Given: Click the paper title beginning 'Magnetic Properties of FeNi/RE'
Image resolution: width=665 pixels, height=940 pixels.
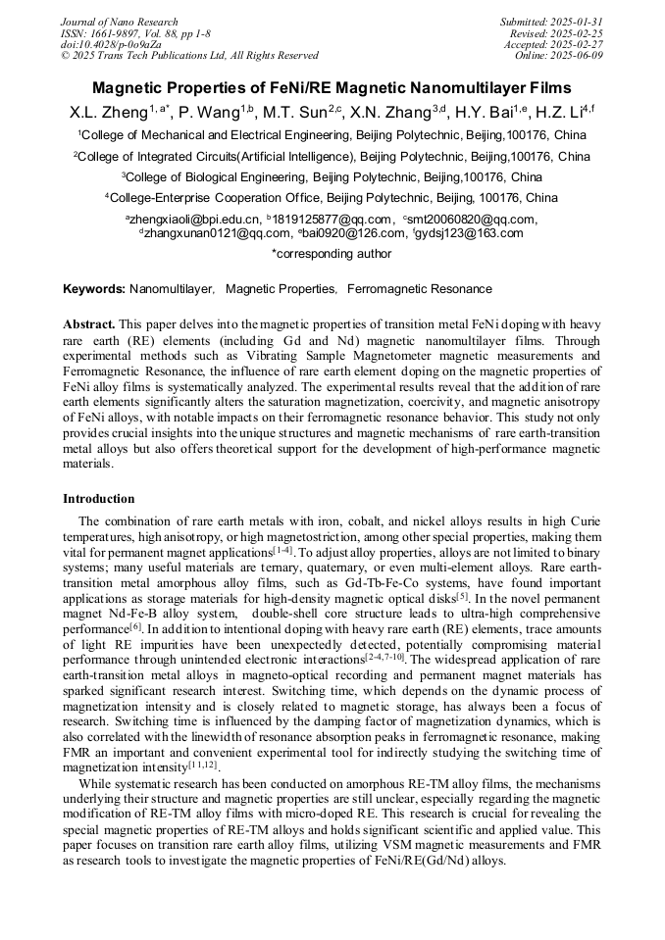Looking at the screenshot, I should pyautogui.click(x=332, y=87).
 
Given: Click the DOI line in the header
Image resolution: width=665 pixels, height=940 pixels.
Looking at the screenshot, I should pyautogui.click(x=111, y=44).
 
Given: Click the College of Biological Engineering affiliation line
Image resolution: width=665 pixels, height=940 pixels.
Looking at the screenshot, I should pyautogui.click(x=332, y=177).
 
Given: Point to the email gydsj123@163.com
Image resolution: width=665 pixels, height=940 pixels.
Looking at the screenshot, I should pyautogui.click(x=468, y=233).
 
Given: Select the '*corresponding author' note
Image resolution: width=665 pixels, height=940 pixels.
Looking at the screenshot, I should pyautogui.click(x=332, y=254).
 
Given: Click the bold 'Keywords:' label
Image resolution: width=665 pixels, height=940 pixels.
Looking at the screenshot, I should pyautogui.click(x=94, y=289).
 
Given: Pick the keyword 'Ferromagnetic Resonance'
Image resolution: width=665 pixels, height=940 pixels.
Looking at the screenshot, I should pyautogui.click(x=420, y=289).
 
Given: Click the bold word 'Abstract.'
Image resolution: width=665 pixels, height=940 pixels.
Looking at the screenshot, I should pyautogui.click(x=89, y=323).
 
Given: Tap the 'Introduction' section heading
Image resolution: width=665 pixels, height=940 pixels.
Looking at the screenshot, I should pyautogui.click(x=99, y=499).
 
